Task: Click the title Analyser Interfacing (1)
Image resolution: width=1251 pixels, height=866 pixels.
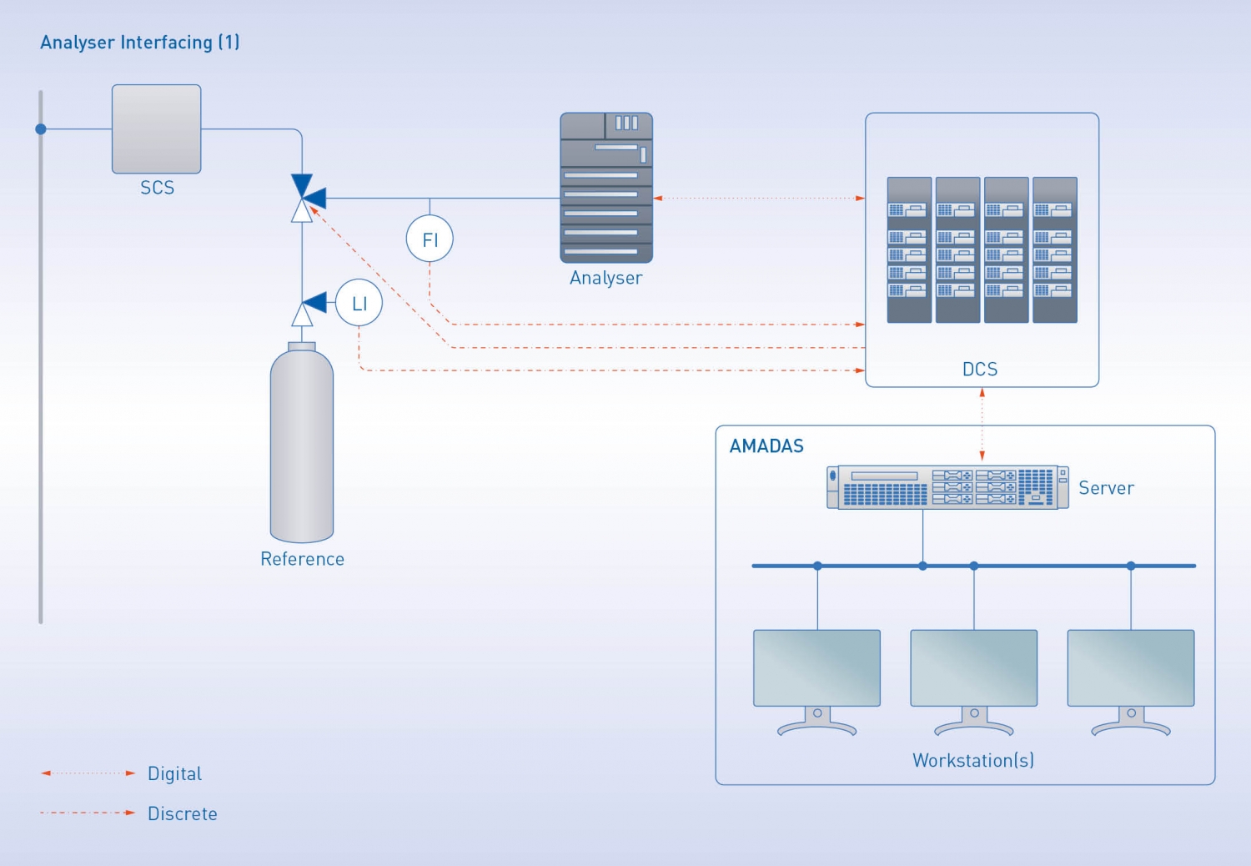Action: [x=140, y=43]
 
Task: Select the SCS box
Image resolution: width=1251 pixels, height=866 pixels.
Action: [x=157, y=129]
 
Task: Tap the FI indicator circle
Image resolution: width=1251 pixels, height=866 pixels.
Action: [x=430, y=239]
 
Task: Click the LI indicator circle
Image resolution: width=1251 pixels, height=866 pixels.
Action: [x=359, y=303]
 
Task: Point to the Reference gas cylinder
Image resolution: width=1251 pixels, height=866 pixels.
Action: [x=302, y=446]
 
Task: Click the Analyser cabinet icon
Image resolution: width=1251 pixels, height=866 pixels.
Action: [x=606, y=188]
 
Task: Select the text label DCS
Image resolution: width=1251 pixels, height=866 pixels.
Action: [x=980, y=370]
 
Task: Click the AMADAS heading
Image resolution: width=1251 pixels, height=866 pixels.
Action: [x=766, y=446]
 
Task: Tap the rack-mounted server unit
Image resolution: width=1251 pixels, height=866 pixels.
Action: [x=947, y=487]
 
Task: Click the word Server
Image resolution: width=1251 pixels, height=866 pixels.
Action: [x=1106, y=488]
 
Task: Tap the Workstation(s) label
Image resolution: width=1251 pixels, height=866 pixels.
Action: [x=973, y=760]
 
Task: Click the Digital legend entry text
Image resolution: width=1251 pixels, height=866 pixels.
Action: [x=174, y=773]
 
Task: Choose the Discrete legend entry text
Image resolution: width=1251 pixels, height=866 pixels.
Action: [x=183, y=813]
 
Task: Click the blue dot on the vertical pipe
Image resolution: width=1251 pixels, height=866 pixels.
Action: [x=41, y=129]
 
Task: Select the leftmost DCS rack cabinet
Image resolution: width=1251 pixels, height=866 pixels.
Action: [x=909, y=249]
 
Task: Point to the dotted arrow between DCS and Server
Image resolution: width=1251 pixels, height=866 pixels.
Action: [x=982, y=424]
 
